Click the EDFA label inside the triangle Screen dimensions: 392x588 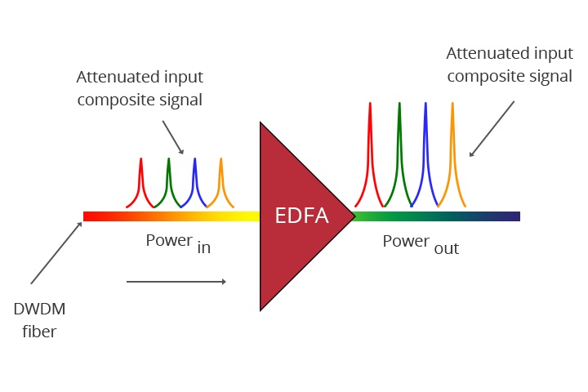tap(301, 216)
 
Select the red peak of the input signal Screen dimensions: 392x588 tap(141, 176)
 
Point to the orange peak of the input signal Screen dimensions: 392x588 tap(220, 176)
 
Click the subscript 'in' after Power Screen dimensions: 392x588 tap(203, 248)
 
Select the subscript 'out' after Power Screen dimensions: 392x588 tap(447, 248)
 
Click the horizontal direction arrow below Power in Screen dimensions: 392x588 tap(176, 282)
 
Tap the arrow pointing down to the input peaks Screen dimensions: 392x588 tap(172, 136)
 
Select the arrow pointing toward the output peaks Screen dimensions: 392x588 tap(492, 128)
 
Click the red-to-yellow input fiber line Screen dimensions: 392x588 tap(171, 216)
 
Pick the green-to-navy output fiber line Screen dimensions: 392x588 tap(437, 216)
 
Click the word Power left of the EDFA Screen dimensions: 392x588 tap(169, 240)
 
